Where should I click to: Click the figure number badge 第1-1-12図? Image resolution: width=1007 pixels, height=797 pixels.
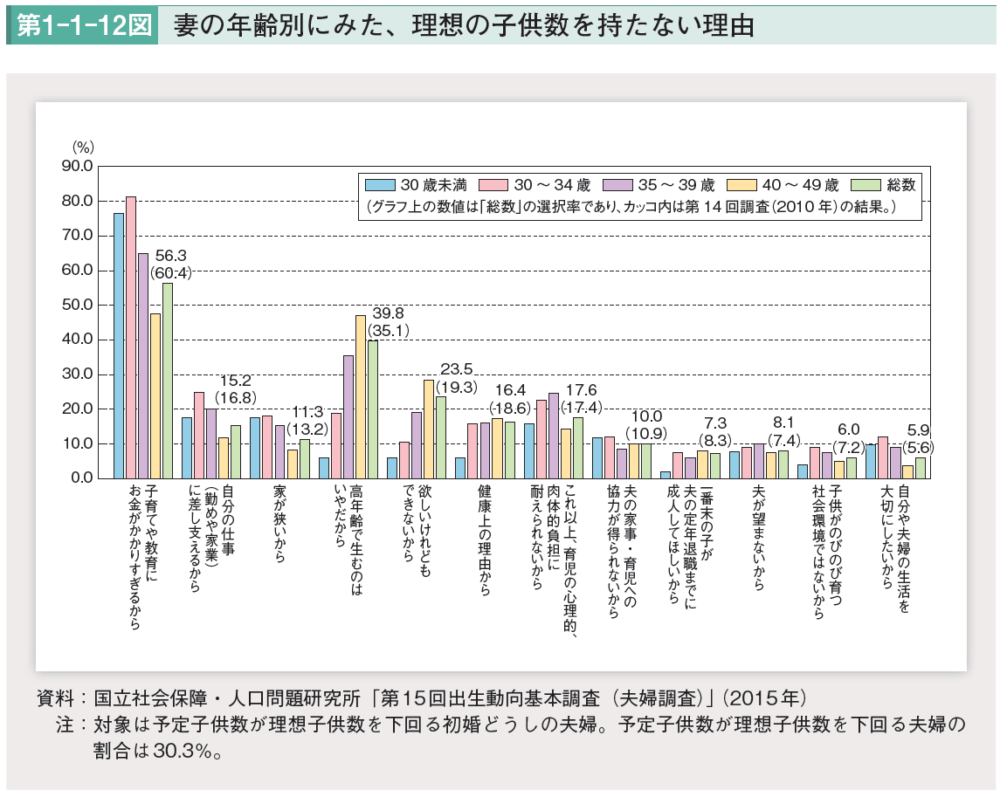(81, 25)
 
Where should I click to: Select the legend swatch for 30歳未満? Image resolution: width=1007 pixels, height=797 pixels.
(378, 185)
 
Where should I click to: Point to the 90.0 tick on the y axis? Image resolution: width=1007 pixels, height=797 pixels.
(77, 166)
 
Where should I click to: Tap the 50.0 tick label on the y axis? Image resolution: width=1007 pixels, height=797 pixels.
(77, 305)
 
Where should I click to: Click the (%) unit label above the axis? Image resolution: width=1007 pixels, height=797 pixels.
(83, 147)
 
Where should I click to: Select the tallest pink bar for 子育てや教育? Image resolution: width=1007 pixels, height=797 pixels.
(131, 337)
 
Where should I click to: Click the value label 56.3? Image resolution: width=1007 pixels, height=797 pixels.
(170, 256)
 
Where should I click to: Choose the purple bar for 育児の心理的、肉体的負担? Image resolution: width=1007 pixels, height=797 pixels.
(553, 435)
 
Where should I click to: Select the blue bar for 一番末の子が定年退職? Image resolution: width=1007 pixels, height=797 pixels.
(666, 475)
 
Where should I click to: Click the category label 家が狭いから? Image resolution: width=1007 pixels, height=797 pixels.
(279, 536)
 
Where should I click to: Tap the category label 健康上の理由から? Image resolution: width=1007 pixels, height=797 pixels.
(484, 540)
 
